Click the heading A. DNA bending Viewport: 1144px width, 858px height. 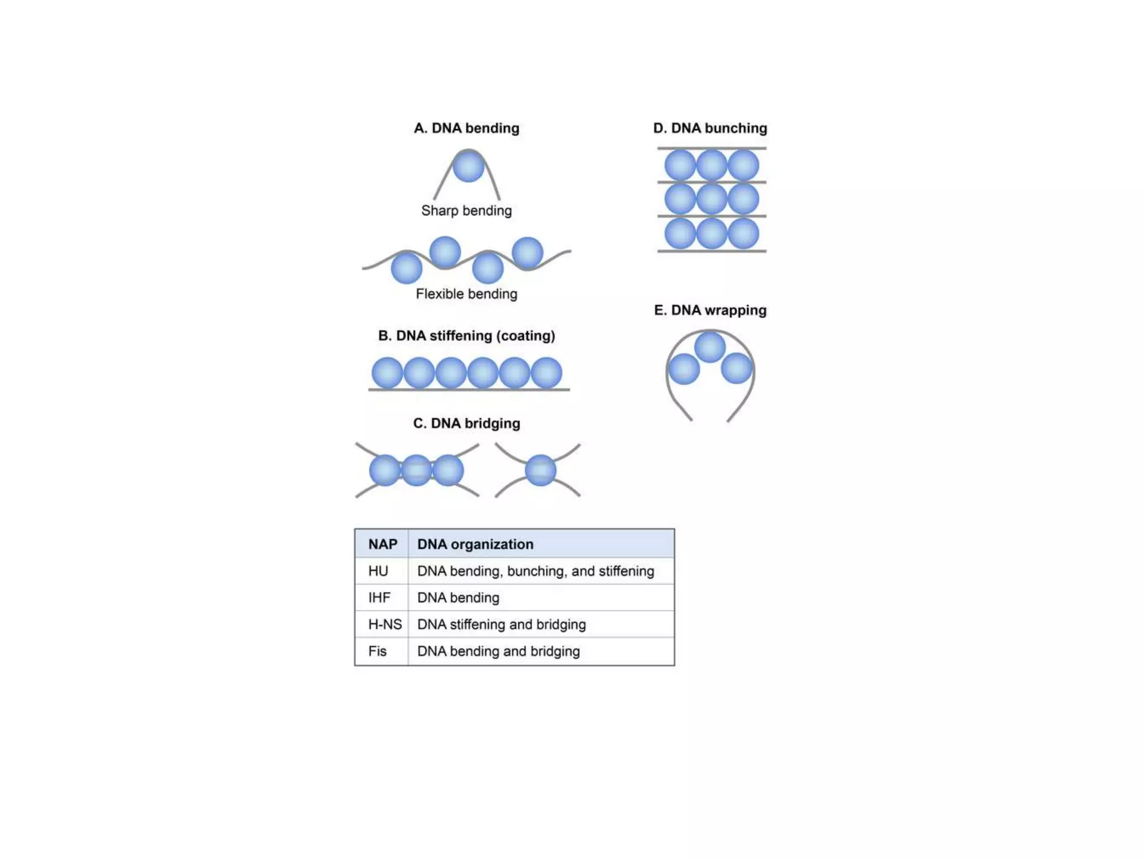tap(466, 128)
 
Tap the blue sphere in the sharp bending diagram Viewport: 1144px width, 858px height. tap(468, 166)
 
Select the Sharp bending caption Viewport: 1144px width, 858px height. tap(466, 211)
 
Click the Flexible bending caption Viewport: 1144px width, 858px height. tap(466, 294)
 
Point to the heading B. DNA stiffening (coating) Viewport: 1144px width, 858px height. tap(466, 336)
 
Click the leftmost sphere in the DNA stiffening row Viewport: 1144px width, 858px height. tap(387, 373)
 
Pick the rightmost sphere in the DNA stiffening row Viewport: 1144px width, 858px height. tap(546, 373)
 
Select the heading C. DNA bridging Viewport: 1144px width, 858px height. tap(466, 423)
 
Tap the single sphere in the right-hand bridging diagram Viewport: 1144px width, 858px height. tap(540, 470)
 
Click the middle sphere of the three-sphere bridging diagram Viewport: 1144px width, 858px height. tap(416, 470)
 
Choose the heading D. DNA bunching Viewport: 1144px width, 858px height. tap(710, 128)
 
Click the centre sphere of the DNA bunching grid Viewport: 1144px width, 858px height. tap(712, 199)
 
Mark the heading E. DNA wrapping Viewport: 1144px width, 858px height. tap(710, 310)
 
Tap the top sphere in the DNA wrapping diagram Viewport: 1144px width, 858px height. tap(710, 347)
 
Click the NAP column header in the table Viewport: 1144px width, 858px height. tap(383, 544)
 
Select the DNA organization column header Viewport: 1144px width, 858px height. tap(475, 544)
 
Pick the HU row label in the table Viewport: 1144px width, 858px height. tap(378, 571)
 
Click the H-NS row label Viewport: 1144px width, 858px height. tap(385, 625)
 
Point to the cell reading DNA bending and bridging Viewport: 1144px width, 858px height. tap(498, 651)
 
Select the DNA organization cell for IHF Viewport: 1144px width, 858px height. tap(458, 598)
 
